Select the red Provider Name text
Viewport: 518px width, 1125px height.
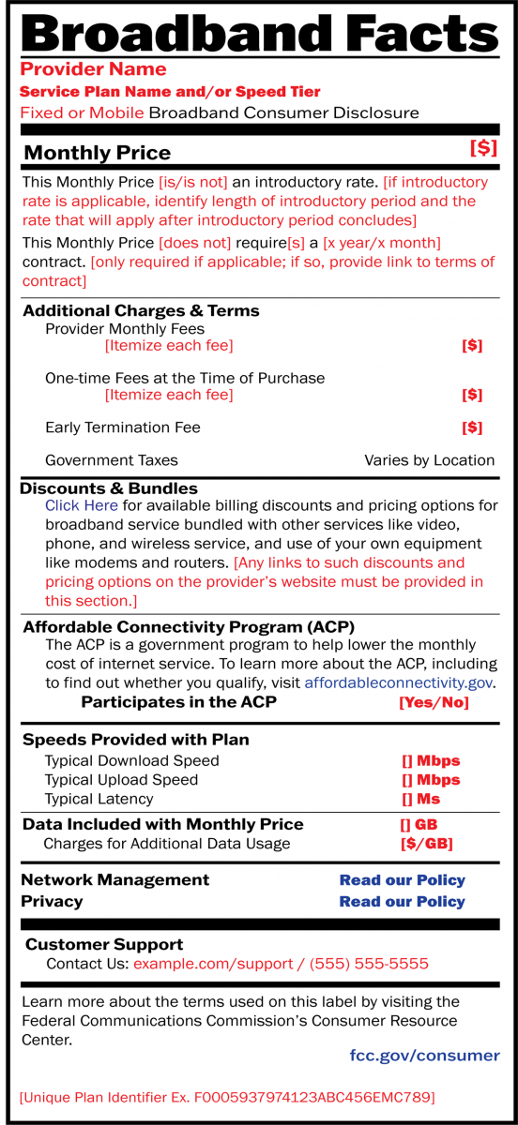(x=93, y=69)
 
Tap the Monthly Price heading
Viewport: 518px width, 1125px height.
(x=97, y=153)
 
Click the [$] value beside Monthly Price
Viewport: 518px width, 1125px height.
(x=483, y=148)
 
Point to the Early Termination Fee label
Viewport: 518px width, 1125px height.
(x=123, y=427)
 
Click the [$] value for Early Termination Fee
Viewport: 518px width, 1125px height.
(x=472, y=427)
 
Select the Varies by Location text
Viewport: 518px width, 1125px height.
(x=429, y=460)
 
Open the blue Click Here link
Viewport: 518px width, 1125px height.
(x=82, y=505)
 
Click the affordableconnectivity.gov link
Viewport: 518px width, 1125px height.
(x=399, y=683)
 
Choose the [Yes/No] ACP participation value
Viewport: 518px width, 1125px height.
(x=434, y=702)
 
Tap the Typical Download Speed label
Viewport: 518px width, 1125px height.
(x=131, y=760)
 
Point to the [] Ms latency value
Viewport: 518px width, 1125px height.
(x=420, y=799)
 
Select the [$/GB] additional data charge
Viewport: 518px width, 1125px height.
(x=426, y=844)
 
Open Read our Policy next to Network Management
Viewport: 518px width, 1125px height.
(x=402, y=880)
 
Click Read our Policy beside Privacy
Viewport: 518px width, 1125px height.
(x=402, y=902)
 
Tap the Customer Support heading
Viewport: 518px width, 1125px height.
(x=104, y=944)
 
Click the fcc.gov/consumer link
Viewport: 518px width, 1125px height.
(x=424, y=1056)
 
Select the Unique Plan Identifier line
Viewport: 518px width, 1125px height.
(x=227, y=1097)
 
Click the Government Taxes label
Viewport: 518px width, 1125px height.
(x=111, y=460)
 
